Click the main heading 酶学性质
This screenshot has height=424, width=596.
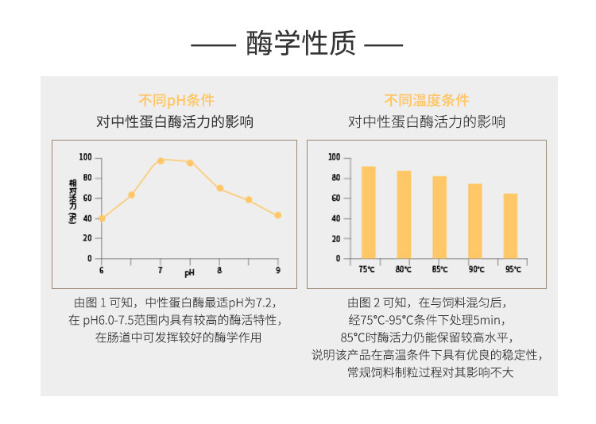click(297, 44)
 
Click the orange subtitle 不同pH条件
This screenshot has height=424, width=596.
click(176, 100)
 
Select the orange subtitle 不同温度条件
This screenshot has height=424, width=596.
click(427, 100)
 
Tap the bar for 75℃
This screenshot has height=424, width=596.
click(368, 213)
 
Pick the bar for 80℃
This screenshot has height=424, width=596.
click(404, 214)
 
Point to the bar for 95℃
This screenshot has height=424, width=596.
click(510, 225)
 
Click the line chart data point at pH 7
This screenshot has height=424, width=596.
click(161, 160)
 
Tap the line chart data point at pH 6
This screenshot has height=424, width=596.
click(102, 218)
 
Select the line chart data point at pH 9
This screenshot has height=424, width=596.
click(278, 215)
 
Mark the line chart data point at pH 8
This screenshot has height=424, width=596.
click(219, 188)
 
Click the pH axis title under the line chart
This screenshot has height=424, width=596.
click(189, 273)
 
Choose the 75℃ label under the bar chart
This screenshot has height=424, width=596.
click(367, 270)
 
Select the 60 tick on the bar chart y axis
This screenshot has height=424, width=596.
click(335, 198)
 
